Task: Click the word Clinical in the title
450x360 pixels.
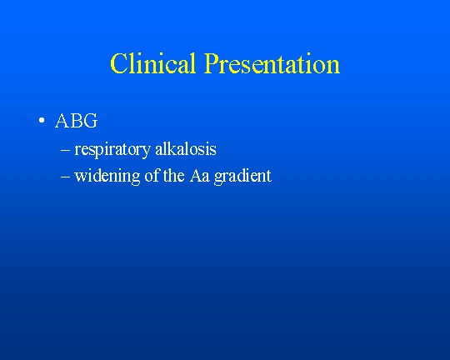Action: (x=153, y=63)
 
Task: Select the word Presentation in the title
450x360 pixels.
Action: (x=272, y=63)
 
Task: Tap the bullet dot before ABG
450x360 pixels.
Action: (x=42, y=120)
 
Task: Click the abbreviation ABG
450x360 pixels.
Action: (x=77, y=121)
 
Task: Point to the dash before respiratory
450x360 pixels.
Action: (x=66, y=149)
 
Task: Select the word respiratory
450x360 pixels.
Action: (x=112, y=150)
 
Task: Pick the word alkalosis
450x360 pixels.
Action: (x=186, y=149)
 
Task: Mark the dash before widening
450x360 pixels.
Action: (x=66, y=177)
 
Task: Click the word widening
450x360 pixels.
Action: (x=107, y=176)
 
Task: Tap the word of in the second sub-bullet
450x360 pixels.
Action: (x=152, y=175)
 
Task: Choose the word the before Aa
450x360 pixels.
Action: (x=174, y=175)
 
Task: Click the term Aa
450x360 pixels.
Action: (x=199, y=176)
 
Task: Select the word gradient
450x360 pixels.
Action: (x=242, y=176)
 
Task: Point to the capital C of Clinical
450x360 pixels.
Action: (x=118, y=63)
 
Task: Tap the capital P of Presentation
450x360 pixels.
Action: (x=211, y=63)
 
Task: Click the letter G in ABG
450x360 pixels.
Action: (x=91, y=121)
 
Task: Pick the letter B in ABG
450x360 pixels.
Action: (x=77, y=121)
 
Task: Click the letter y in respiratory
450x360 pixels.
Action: (x=147, y=152)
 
